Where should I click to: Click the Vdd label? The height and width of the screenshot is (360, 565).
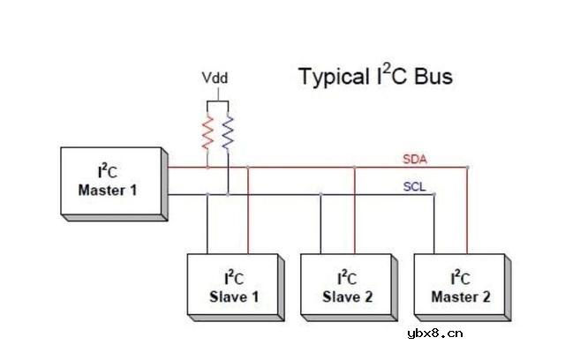(x=215, y=79)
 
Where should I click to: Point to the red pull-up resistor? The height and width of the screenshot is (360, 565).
(x=207, y=131)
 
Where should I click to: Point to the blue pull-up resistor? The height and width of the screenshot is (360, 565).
(x=228, y=131)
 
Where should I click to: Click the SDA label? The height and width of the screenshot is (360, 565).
(x=414, y=159)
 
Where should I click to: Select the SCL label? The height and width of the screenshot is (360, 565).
(x=414, y=187)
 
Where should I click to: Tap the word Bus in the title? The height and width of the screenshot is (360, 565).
(x=433, y=77)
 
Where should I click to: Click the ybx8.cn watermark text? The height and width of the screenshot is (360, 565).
(x=434, y=333)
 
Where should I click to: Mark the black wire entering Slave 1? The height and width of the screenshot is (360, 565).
(x=207, y=225)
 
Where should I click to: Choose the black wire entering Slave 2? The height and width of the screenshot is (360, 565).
(x=320, y=225)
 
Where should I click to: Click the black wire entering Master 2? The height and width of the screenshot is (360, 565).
(x=433, y=225)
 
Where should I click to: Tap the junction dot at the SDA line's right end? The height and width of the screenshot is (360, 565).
(x=468, y=167)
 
